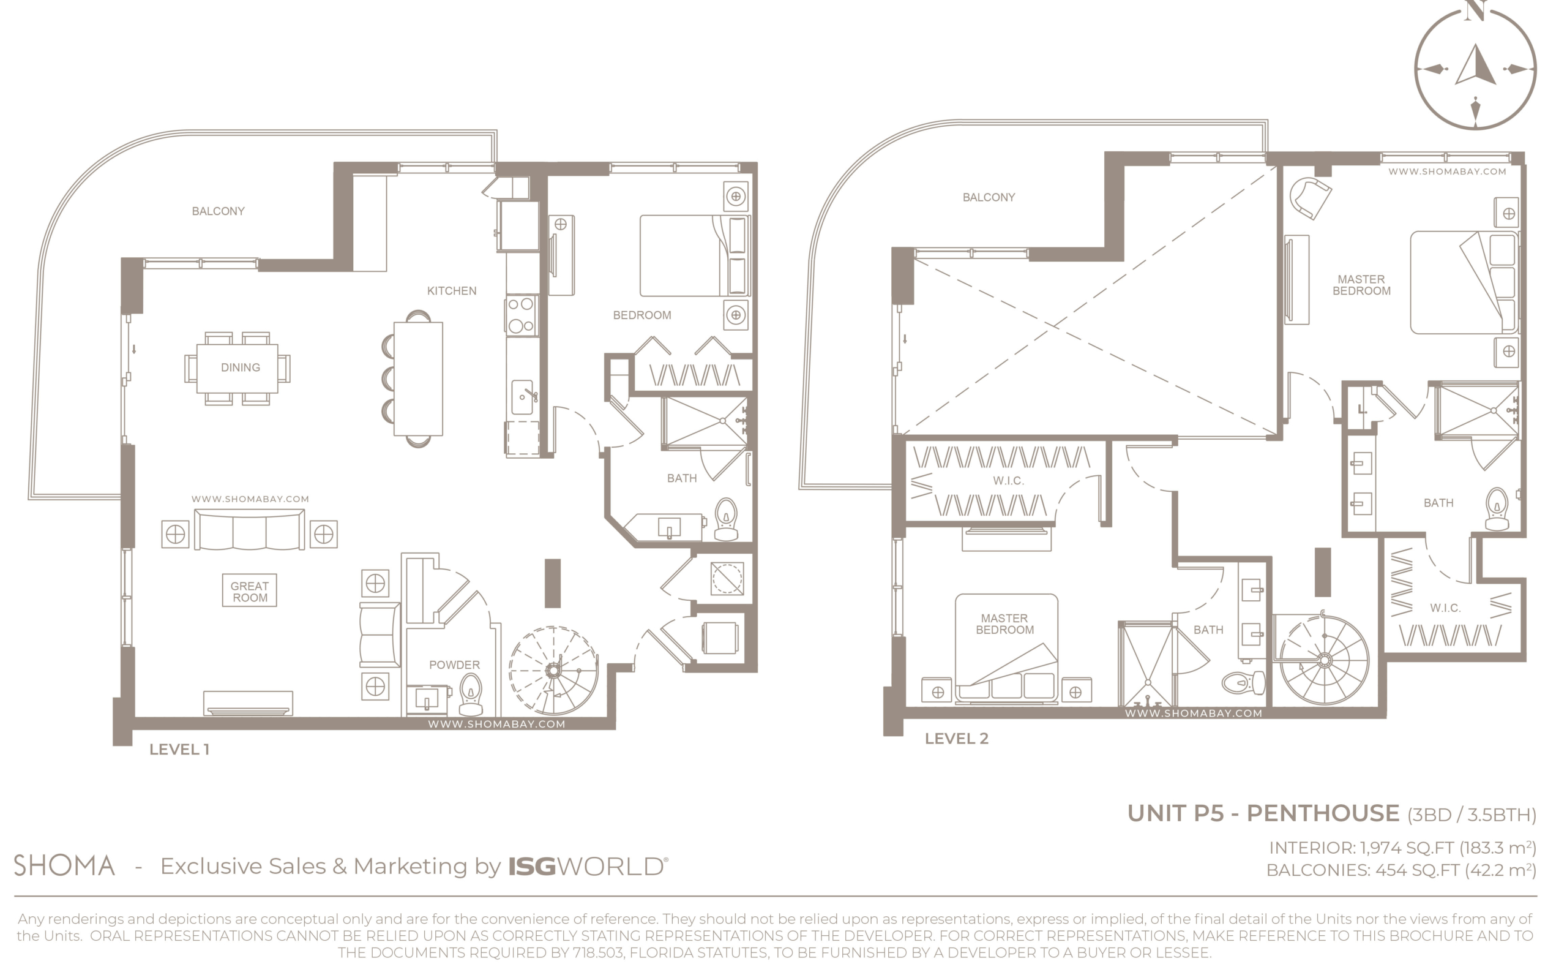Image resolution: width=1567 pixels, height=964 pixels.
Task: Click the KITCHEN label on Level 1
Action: point(451,291)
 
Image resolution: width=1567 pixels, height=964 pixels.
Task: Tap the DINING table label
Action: point(240,367)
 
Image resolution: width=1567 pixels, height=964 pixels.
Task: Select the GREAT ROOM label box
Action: point(250,591)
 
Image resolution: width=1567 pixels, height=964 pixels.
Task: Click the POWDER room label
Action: point(454,665)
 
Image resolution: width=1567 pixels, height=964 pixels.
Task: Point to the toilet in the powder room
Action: point(471,695)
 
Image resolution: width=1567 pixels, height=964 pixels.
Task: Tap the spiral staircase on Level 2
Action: point(1323,658)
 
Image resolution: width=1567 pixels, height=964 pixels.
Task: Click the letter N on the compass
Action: point(1476,11)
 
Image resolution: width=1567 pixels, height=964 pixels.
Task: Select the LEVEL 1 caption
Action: point(179,750)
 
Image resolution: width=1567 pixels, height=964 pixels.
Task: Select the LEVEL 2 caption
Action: point(957,739)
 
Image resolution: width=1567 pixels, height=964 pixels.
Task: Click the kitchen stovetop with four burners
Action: point(522,315)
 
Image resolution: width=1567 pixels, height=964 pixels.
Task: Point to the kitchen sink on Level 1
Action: point(523,397)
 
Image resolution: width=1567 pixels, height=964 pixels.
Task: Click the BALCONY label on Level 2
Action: point(989,198)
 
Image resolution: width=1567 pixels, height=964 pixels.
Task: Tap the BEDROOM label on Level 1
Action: point(641,315)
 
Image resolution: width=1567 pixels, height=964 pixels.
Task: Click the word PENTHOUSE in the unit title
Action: point(1322,813)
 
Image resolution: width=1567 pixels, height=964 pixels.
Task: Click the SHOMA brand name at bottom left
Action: point(64,866)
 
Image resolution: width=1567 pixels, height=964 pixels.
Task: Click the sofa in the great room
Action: point(249,530)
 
